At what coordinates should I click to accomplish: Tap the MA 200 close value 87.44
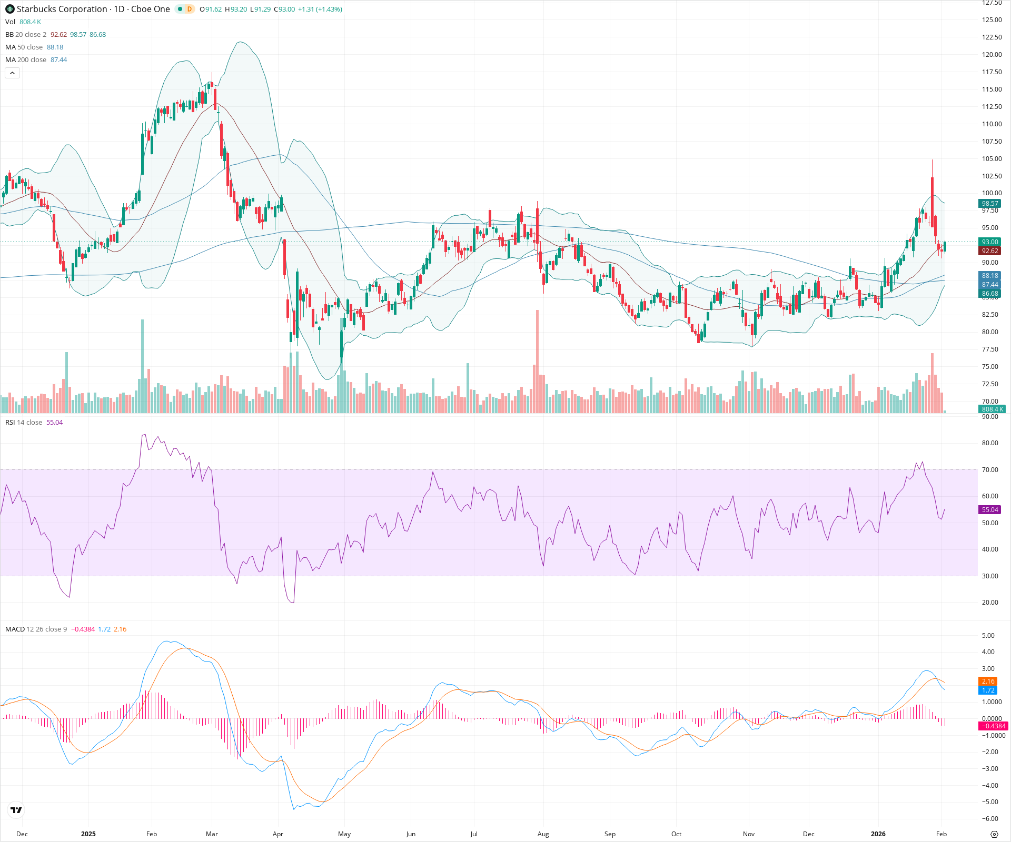pyautogui.click(x=58, y=60)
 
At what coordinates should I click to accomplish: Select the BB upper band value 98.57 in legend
pyautogui.click(x=78, y=35)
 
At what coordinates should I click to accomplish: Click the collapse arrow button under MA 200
pyautogui.click(x=12, y=73)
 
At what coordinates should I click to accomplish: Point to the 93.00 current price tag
pyautogui.click(x=989, y=242)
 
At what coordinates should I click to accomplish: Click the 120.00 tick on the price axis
pyautogui.click(x=992, y=55)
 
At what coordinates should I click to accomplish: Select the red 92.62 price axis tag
pyautogui.click(x=989, y=251)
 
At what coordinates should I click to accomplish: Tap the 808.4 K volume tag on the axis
pyautogui.click(x=992, y=409)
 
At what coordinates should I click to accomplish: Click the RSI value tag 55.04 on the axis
pyautogui.click(x=989, y=510)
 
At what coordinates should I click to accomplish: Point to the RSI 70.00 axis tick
pyautogui.click(x=990, y=470)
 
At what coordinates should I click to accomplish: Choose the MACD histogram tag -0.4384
pyautogui.click(x=993, y=726)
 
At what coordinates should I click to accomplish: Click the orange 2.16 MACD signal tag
pyautogui.click(x=988, y=681)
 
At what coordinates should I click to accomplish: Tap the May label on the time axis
pyautogui.click(x=344, y=834)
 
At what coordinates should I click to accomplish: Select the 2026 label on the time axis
pyautogui.click(x=878, y=834)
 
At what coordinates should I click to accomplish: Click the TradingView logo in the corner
pyautogui.click(x=16, y=810)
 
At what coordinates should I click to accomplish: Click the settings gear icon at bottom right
pyautogui.click(x=994, y=835)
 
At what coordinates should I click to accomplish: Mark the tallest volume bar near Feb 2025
pyautogui.click(x=142, y=366)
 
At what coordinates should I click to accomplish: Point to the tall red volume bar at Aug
pyautogui.click(x=537, y=362)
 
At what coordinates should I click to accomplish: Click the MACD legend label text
pyautogui.click(x=15, y=629)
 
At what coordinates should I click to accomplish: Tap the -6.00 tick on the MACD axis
pyautogui.click(x=990, y=819)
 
